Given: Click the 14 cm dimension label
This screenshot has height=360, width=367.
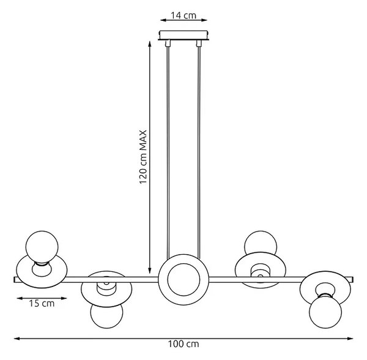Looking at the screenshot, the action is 183,15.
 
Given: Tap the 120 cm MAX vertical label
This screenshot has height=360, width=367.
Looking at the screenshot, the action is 143,157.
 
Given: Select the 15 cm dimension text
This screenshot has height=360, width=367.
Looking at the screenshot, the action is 42,303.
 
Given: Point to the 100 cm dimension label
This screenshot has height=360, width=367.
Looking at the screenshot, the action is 183,344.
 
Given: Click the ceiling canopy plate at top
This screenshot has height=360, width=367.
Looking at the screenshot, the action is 183,35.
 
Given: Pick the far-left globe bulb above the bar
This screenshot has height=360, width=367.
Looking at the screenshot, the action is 42,247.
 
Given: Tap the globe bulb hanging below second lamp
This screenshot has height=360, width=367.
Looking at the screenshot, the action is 106,315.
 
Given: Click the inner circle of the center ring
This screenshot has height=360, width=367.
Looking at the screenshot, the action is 183,280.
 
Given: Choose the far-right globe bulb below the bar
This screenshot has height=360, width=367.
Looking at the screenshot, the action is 325,312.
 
